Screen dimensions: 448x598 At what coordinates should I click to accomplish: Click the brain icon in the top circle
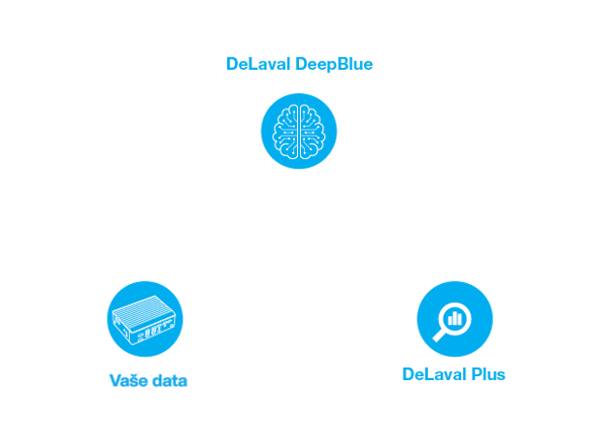pos(299,130)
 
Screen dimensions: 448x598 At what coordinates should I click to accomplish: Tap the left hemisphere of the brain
pos(287,130)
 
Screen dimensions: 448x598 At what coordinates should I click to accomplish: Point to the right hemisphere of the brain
pos(311,130)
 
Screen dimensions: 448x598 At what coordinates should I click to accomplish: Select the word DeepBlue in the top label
pos(332,64)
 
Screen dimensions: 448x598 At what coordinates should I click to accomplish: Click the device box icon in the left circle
pos(145,319)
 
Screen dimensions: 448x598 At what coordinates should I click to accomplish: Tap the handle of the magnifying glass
pos(440,335)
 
